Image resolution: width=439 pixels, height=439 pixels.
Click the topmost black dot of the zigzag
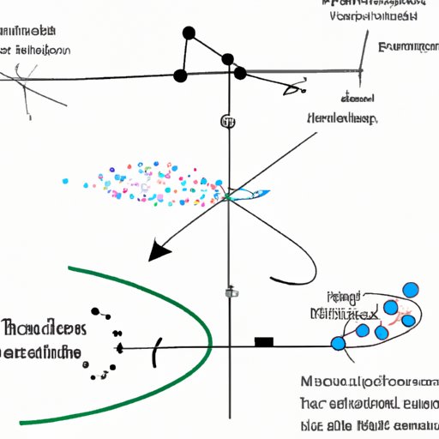tap(188, 33)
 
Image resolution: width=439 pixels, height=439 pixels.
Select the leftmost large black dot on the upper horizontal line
tap(180, 76)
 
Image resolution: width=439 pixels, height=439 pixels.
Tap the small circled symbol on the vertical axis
tap(228, 121)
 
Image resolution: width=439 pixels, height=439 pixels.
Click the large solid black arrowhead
tap(159, 250)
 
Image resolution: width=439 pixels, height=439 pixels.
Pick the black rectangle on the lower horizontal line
tap(264, 342)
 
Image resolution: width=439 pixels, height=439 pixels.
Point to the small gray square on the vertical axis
tap(229, 292)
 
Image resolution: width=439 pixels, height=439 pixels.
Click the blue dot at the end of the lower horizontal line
tap(338, 344)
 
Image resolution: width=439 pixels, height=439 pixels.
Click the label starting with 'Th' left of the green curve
tap(43, 328)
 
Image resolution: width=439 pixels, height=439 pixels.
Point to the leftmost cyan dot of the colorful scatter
tap(65, 181)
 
